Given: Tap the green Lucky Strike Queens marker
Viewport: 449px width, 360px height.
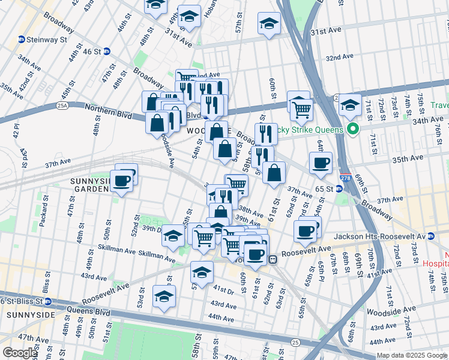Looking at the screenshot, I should (x=354, y=129).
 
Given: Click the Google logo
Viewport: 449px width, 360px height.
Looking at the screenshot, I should (x=19, y=353).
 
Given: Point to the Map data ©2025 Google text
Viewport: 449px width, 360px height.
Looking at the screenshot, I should (x=412, y=355).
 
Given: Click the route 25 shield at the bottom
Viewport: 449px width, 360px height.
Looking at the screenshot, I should (x=295, y=342).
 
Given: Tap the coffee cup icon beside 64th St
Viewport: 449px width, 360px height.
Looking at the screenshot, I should (x=321, y=161).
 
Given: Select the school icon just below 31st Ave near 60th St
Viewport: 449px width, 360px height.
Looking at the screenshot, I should (x=269, y=23).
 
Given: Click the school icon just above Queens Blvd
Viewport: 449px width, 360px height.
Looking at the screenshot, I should (x=164, y=296).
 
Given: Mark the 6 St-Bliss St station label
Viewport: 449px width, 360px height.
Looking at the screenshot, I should (x=25, y=301).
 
